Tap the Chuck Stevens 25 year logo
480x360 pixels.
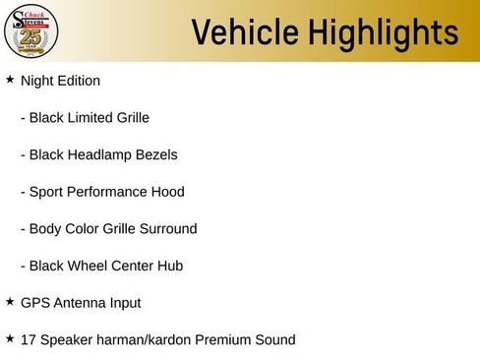pyautogui.click(x=31, y=31)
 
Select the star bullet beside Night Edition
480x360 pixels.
pyautogui.click(x=10, y=79)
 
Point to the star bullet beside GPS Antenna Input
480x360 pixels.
pyautogui.click(x=10, y=301)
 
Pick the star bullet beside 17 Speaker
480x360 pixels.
pyautogui.click(x=10, y=338)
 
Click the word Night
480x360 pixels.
pyautogui.click(x=37, y=81)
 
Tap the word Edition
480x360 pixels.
pyautogui.click(x=79, y=81)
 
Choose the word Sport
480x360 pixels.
pyautogui.click(x=48, y=192)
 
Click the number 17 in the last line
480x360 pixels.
pyautogui.click(x=29, y=340)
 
